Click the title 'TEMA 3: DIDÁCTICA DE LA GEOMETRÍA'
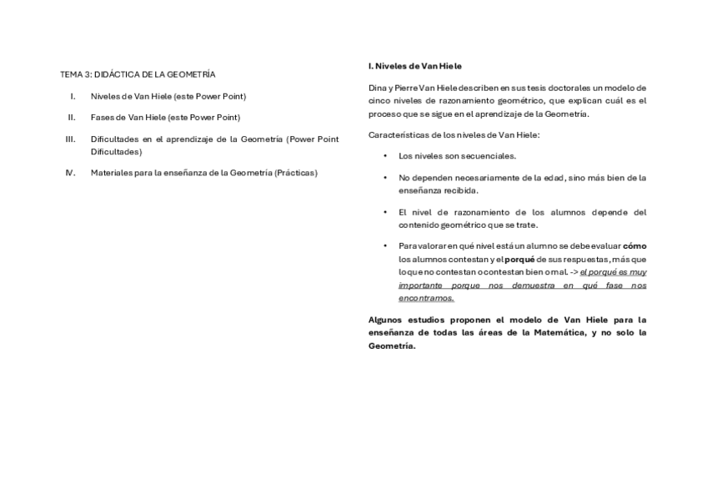(138, 74)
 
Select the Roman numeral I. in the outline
(73, 96)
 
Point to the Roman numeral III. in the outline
(71, 139)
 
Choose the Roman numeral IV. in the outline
(71, 173)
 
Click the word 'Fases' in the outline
(103, 117)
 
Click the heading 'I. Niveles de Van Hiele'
(414, 65)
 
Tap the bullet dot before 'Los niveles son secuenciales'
(385, 156)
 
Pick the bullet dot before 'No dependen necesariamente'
(385, 178)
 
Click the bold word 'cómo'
(634, 246)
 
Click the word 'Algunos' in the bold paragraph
(386, 320)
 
